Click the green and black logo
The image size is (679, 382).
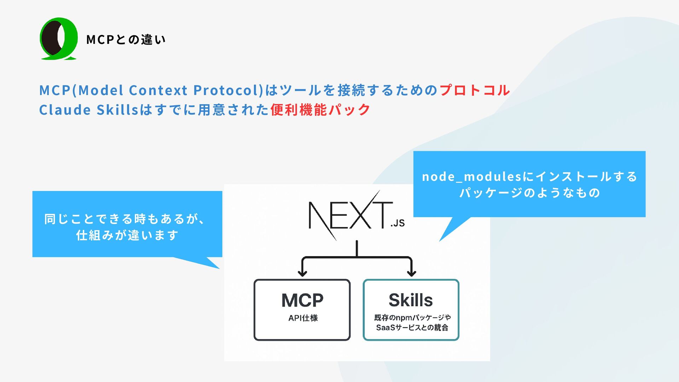58,39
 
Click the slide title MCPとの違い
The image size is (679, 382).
126,40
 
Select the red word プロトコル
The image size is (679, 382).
475,90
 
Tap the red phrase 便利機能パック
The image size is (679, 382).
320,110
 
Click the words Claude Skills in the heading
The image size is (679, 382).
88,110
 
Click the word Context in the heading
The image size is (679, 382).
158,90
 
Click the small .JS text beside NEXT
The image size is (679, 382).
397,223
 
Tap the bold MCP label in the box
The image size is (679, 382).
302,300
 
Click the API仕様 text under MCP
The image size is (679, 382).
303,318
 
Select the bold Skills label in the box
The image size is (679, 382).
411,300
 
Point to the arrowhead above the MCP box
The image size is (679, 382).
302,273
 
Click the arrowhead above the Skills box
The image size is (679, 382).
411,273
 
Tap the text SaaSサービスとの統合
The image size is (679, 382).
412,328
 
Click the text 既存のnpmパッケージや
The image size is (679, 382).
412,318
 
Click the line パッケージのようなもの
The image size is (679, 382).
529,193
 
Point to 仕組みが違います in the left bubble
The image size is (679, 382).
127,235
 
